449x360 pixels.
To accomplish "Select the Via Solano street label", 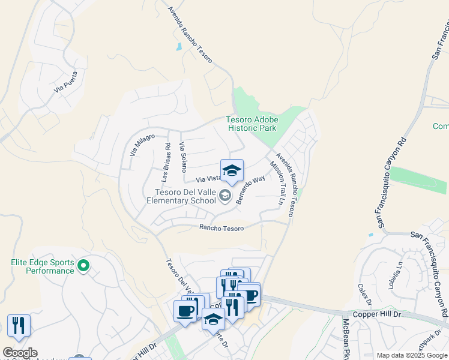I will coord(183,157).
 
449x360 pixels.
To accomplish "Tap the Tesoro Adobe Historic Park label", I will coord(252,124).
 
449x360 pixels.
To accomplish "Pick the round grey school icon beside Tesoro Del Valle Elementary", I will coord(224,194).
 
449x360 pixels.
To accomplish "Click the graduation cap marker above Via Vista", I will coord(232,171).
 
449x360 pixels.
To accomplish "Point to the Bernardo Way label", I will coord(251,190).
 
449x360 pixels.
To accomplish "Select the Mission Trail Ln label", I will coord(277,183).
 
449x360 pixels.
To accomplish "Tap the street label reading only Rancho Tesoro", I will coord(221,228).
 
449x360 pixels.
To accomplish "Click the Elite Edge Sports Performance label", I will coord(43,266).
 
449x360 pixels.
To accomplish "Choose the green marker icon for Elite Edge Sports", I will coord(84,265).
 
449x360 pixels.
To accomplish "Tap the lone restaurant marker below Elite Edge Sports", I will coord(19,326).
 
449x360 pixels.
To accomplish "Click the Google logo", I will coord(20,353).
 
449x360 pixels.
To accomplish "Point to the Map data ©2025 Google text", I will coord(412,355).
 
